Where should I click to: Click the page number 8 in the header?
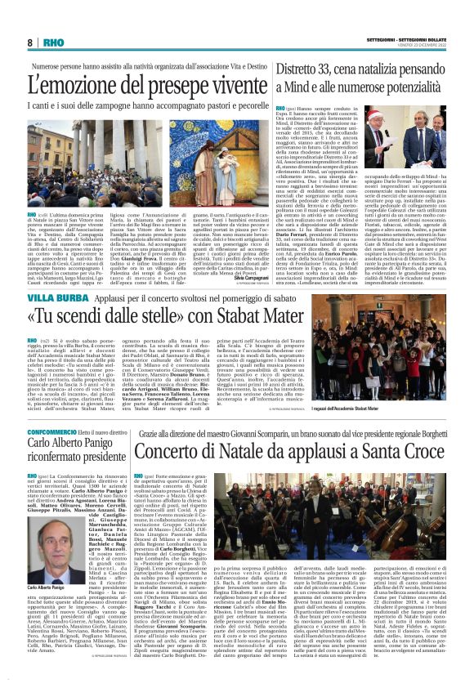coord(29,42)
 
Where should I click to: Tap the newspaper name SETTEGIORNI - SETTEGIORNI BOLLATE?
coord(408,38)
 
